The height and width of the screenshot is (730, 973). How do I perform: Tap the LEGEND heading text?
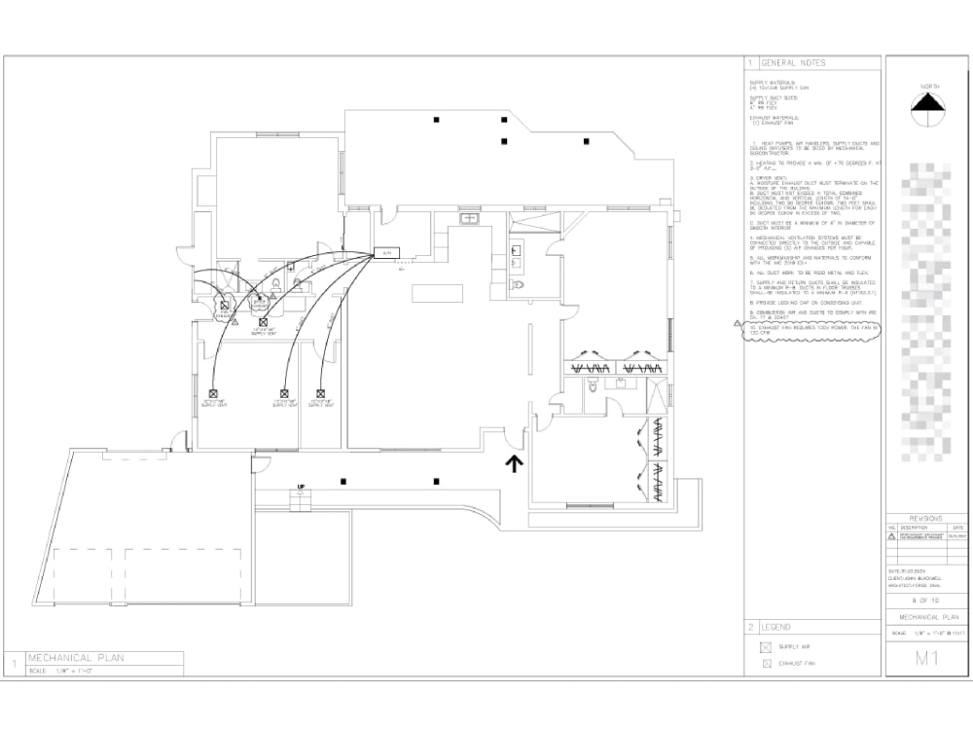(777, 627)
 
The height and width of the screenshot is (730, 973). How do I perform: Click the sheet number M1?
(925, 659)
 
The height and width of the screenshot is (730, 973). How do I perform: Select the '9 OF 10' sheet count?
(925, 601)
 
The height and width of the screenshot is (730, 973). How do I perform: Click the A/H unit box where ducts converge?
(386, 253)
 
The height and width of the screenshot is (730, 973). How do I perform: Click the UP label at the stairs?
(301, 485)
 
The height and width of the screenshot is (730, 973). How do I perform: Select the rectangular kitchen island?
(432, 293)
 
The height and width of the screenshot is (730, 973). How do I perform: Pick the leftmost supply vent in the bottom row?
(212, 394)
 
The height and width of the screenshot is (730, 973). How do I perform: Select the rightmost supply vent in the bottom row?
(320, 394)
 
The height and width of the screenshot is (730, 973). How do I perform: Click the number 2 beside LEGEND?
(750, 627)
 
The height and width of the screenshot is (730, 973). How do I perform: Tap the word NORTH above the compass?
(929, 87)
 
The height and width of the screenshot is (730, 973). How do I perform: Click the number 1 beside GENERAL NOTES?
(750, 62)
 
